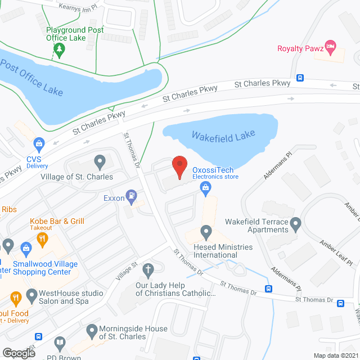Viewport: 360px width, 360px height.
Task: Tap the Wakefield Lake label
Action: point(223,136)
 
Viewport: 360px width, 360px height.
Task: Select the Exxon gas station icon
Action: point(131,196)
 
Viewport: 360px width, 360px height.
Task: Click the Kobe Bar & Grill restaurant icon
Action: point(42,239)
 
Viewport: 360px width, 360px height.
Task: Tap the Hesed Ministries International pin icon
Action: point(206,232)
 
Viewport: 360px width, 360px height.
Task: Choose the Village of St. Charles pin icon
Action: point(100,163)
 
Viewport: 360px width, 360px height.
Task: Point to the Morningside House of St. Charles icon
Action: point(92,329)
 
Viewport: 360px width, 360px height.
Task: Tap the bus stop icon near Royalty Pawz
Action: point(300,78)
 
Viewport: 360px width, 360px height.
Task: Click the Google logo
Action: point(19,353)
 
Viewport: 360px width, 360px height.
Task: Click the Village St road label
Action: point(127,271)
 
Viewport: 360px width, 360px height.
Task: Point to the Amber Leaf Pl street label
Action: point(336,250)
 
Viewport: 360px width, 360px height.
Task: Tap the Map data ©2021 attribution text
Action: point(335,355)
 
